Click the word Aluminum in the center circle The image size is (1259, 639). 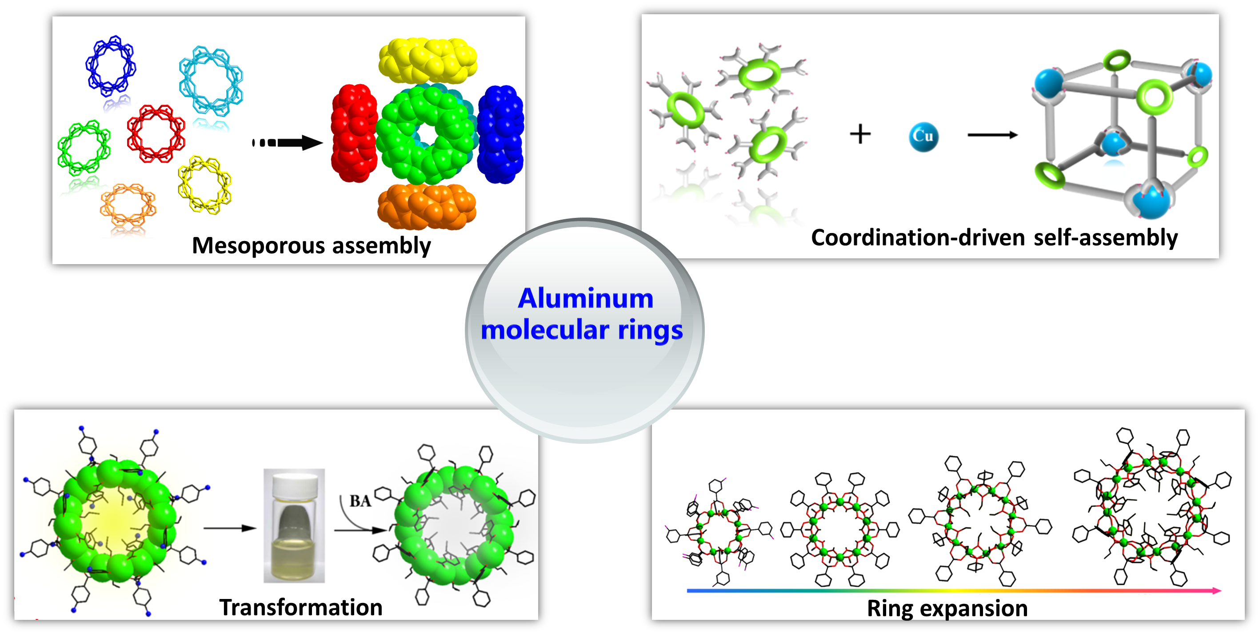[x=586, y=298]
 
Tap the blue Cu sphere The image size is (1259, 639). [x=923, y=137]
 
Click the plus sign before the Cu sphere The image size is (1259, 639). [x=860, y=134]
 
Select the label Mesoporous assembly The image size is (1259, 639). [x=312, y=245]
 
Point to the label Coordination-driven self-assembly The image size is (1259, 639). [x=994, y=237]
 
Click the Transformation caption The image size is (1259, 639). [x=300, y=607]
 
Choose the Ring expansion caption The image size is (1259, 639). [x=947, y=608]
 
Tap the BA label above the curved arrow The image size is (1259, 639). [x=360, y=501]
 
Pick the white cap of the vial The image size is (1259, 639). [x=294, y=484]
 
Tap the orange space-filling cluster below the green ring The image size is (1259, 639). [x=427, y=206]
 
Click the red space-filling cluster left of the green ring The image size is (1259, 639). [x=354, y=133]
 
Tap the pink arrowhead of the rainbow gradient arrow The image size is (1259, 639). [x=1216, y=591]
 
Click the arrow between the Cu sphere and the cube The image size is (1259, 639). [x=992, y=135]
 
